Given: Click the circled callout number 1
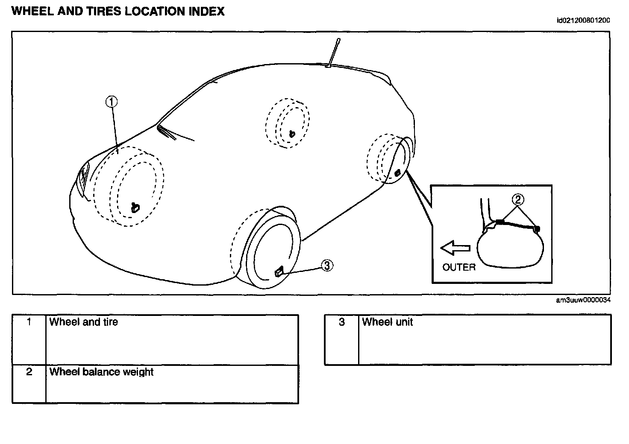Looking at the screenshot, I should [112, 102].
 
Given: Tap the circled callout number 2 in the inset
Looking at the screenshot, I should [517, 199].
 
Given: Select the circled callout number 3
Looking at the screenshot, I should [327, 266].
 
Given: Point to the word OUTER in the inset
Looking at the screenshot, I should [459, 267].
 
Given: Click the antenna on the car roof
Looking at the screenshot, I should [333, 53].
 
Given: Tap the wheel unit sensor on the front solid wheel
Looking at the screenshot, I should [278, 271].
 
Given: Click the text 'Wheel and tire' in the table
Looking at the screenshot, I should [84, 322].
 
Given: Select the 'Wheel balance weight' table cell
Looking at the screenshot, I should [101, 372].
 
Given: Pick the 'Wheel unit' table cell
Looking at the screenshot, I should [387, 322].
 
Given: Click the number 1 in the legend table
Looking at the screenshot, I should [29, 322].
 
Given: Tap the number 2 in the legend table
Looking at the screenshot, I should [29, 372].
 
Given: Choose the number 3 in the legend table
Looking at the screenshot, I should [341, 322].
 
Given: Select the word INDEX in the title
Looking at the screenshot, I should [206, 11].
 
